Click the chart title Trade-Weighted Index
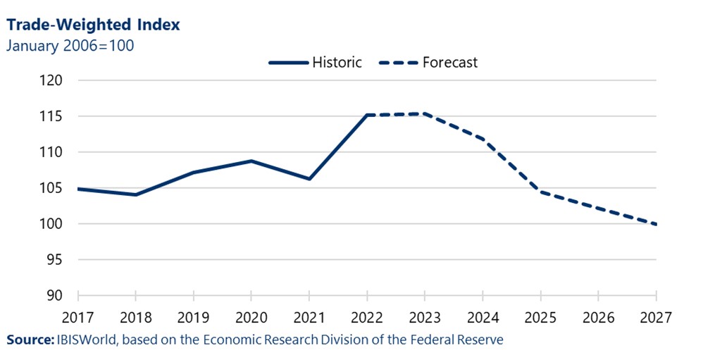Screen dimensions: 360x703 (x=93, y=25)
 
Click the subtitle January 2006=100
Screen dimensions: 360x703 (x=70, y=46)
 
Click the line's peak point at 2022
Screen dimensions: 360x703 (x=367, y=115)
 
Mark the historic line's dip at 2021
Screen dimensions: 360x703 (x=309, y=179)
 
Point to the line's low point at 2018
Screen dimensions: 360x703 (x=136, y=194)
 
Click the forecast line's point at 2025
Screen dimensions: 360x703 (x=540, y=192)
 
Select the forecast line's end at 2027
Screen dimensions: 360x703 (x=656, y=225)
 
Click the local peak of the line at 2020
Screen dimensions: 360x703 (x=251, y=161)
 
